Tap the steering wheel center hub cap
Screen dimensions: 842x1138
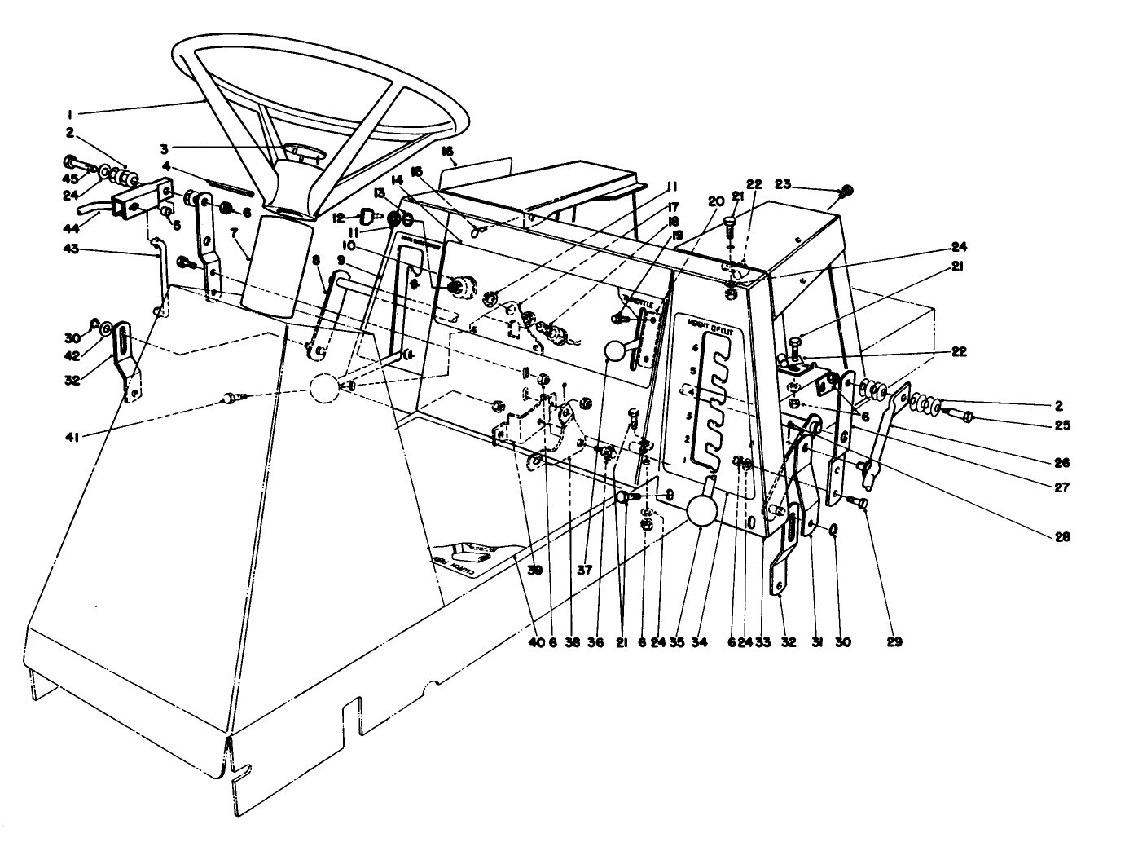click(x=303, y=152)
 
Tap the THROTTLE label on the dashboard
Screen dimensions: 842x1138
click(x=636, y=300)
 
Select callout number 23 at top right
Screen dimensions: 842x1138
click(x=784, y=185)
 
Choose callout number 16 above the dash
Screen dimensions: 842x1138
click(x=446, y=152)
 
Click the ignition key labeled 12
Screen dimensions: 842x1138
click(x=366, y=217)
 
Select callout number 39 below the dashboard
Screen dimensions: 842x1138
click(x=534, y=571)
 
